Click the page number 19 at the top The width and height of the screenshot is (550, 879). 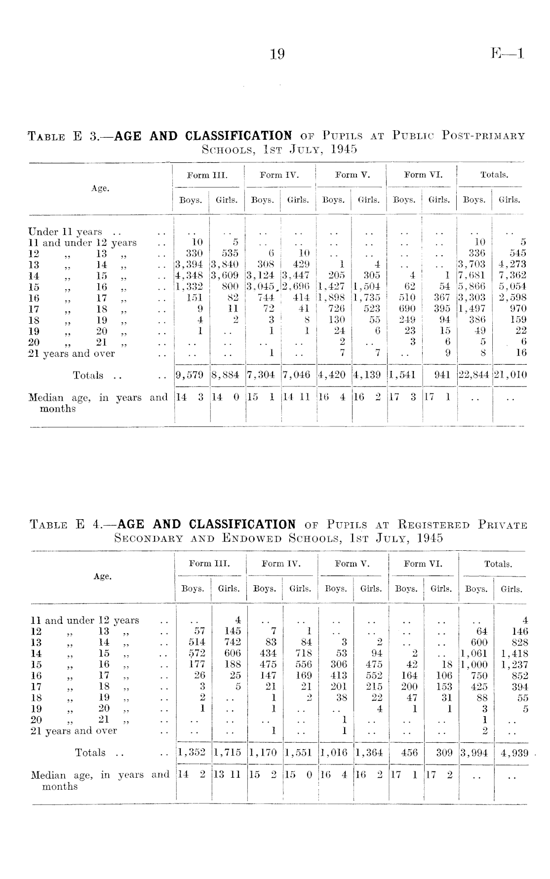click(x=277, y=53)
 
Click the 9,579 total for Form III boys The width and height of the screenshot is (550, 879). click(x=190, y=375)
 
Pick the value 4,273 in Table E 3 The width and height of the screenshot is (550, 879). click(x=511, y=265)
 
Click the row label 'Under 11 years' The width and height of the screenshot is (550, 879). click(x=65, y=231)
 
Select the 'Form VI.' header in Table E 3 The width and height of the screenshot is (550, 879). click(x=423, y=175)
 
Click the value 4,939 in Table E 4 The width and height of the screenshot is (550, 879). click(x=514, y=753)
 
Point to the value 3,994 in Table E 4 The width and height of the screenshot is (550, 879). click(x=474, y=753)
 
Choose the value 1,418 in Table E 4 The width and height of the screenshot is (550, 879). click(x=514, y=653)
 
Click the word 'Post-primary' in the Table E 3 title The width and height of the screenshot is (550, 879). click(x=484, y=136)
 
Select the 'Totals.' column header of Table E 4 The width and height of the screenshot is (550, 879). click(x=498, y=564)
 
